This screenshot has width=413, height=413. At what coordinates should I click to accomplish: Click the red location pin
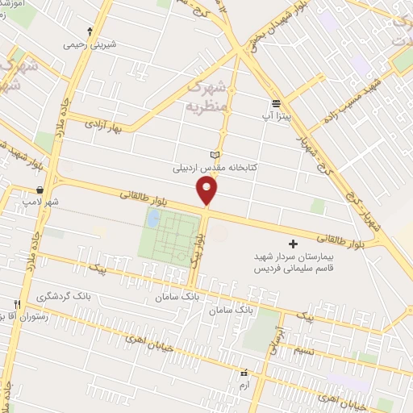207,190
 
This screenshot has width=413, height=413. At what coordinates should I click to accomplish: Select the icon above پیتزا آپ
277,103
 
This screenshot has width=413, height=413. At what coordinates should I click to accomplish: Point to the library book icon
214,155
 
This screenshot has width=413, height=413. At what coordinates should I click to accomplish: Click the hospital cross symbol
292,244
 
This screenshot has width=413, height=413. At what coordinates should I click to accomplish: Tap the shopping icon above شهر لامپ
39,190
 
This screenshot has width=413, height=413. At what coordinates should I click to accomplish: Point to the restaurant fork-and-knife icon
15,304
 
